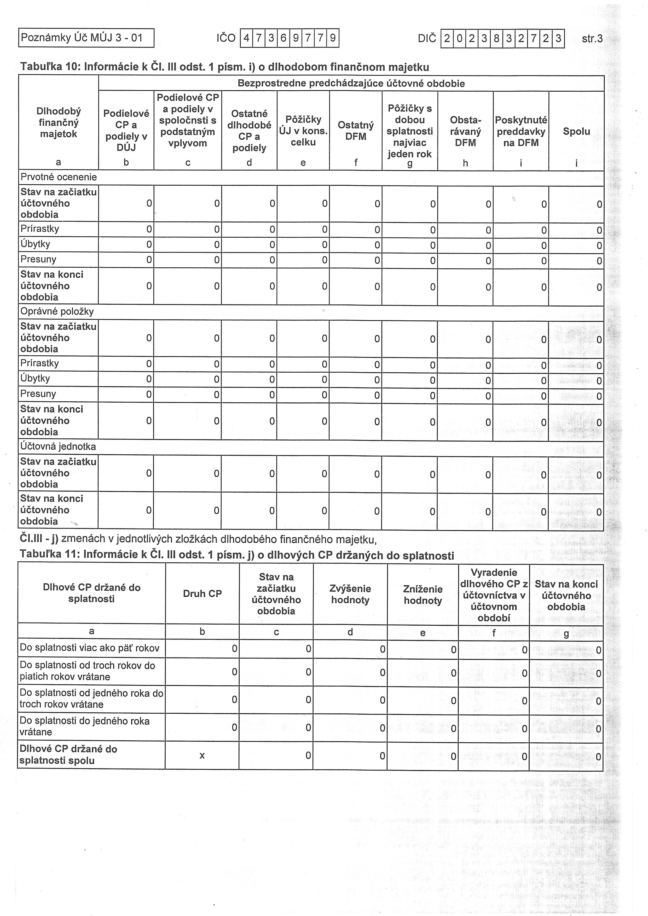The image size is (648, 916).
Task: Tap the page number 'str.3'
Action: tap(592, 39)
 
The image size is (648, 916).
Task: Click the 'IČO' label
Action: tap(226, 38)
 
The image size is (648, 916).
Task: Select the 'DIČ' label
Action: tap(427, 39)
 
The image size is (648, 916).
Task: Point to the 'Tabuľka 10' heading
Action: tap(224, 67)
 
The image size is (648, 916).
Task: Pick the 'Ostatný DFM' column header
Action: tap(355, 131)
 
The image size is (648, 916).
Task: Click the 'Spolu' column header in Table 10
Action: tap(576, 131)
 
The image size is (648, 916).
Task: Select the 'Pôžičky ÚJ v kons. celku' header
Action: tap(303, 131)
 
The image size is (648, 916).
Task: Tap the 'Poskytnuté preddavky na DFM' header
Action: tap(521, 131)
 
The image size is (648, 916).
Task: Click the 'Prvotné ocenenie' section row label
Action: tap(59, 177)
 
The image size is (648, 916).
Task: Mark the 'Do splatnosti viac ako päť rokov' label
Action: tap(90, 648)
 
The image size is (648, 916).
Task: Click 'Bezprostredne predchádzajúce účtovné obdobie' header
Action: tap(351, 83)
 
